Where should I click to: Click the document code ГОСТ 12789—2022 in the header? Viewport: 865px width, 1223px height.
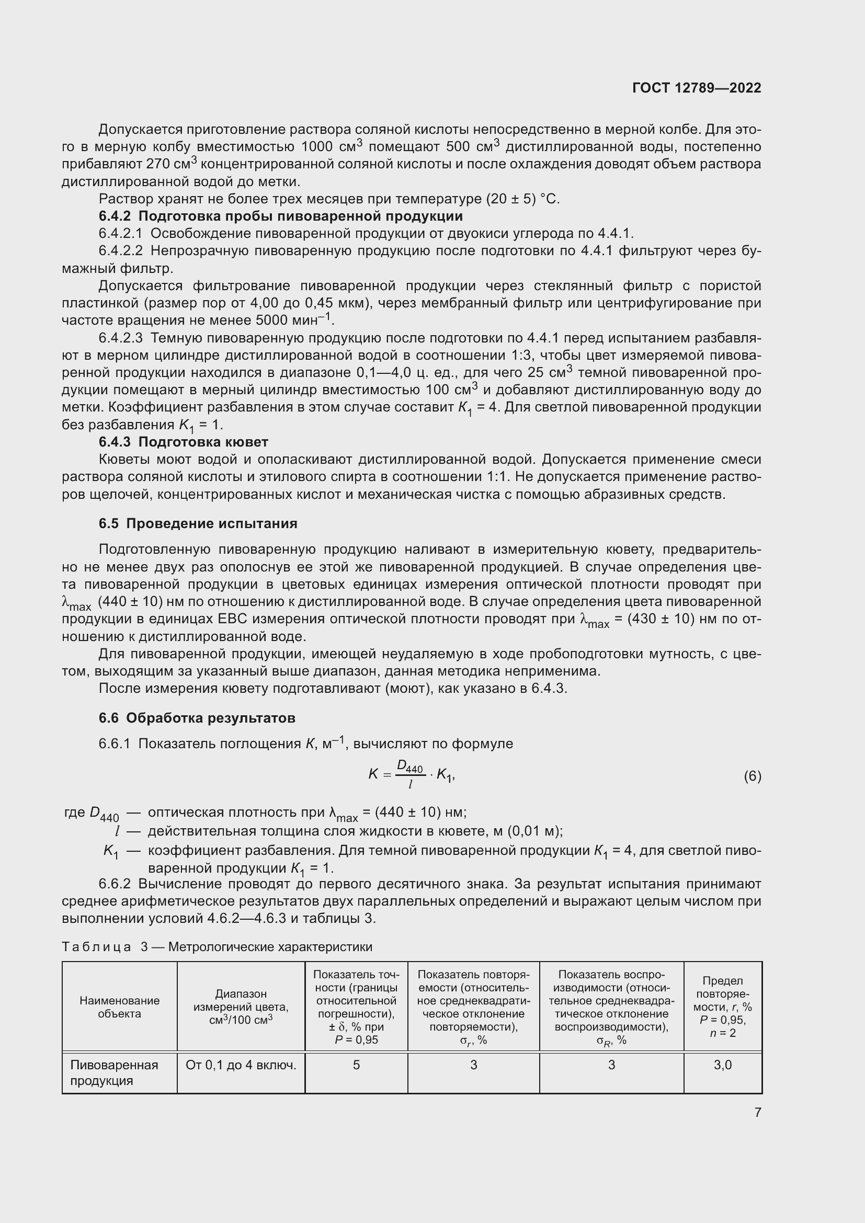click(696, 88)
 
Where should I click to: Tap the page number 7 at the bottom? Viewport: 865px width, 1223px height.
click(757, 1112)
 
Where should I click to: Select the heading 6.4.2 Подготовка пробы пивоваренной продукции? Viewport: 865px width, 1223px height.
click(280, 216)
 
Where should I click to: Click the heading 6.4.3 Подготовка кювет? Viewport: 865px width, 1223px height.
click(183, 442)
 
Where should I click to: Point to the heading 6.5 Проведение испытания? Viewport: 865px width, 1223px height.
click(198, 523)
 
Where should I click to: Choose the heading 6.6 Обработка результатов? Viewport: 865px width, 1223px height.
click(197, 718)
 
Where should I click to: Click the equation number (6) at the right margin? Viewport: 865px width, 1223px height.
click(752, 776)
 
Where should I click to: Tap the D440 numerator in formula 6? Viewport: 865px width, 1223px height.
click(409, 768)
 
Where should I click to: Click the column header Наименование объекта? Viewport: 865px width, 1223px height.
click(119, 1007)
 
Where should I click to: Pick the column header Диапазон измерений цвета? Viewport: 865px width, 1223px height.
click(241, 1006)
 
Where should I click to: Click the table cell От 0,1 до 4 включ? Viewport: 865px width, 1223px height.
click(241, 1065)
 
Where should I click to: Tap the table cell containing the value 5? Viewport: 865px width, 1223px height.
click(356, 1065)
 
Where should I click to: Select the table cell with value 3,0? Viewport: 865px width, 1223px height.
click(722, 1065)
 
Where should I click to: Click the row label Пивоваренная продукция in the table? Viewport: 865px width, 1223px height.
click(114, 1072)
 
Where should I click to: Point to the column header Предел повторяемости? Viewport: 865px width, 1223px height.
click(722, 1007)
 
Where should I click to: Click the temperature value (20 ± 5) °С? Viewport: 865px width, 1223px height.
click(522, 199)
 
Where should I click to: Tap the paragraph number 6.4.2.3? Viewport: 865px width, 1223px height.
click(120, 338)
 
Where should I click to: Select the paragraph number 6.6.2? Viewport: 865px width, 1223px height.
click(115, 884)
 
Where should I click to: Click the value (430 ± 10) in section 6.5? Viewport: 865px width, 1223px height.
click(661, 619)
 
